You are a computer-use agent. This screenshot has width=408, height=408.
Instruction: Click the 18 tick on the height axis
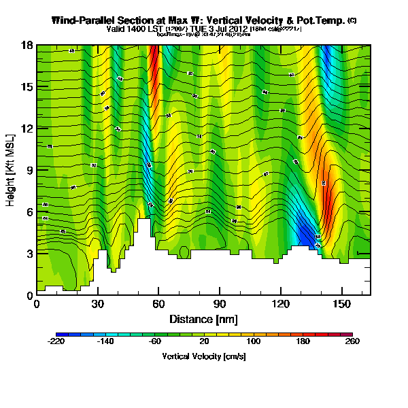(28, 45)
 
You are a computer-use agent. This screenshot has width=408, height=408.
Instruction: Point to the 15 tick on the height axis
(28, 86)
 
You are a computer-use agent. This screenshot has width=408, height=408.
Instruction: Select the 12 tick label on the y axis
(28, 129)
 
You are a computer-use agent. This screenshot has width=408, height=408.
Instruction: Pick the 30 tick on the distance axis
(98, 303)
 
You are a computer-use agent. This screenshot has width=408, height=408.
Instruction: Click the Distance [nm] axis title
(203, 318)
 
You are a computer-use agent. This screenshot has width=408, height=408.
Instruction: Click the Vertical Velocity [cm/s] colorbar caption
(204, 356)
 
